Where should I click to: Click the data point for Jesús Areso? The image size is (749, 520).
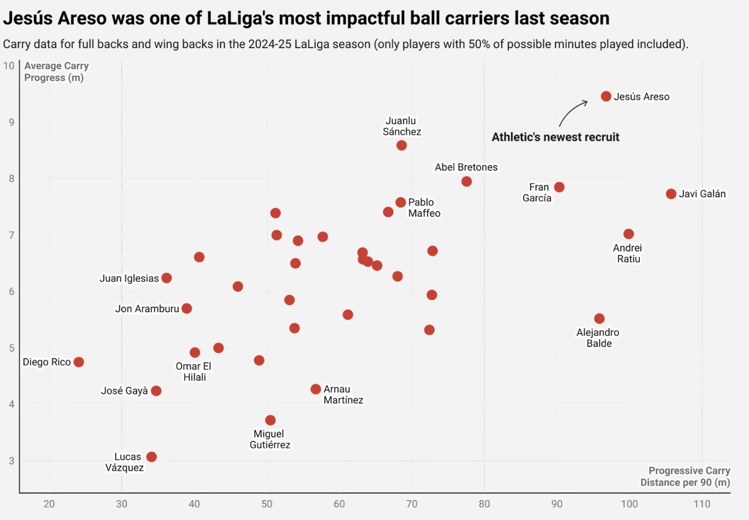tap(606, 96)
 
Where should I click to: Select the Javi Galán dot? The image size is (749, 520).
tap(671, 194)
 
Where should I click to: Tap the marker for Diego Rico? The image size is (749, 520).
tap(78, 362)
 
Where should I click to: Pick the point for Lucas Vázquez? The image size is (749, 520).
tap(151, 457)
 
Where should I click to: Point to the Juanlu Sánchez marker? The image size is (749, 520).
tap(401, 145)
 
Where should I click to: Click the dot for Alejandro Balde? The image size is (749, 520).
tap(599, 318)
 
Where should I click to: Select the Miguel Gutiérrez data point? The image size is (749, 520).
tap(270, 420)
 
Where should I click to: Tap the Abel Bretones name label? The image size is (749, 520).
tap(466, 167)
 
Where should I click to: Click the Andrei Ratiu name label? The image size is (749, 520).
tap(628, 253)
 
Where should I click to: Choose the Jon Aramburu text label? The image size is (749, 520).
tap(147, 309)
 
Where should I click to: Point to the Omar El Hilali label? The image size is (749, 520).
tap(194, 372)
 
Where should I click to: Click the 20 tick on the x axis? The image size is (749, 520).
tap(49, 504)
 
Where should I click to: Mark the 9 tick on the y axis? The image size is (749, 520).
tap(11, 122)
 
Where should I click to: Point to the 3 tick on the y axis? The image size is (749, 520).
tap(11, 461)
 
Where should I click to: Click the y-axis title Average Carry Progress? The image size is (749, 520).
tap(56, 72)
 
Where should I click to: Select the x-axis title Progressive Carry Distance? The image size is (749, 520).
tap(685, 477)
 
